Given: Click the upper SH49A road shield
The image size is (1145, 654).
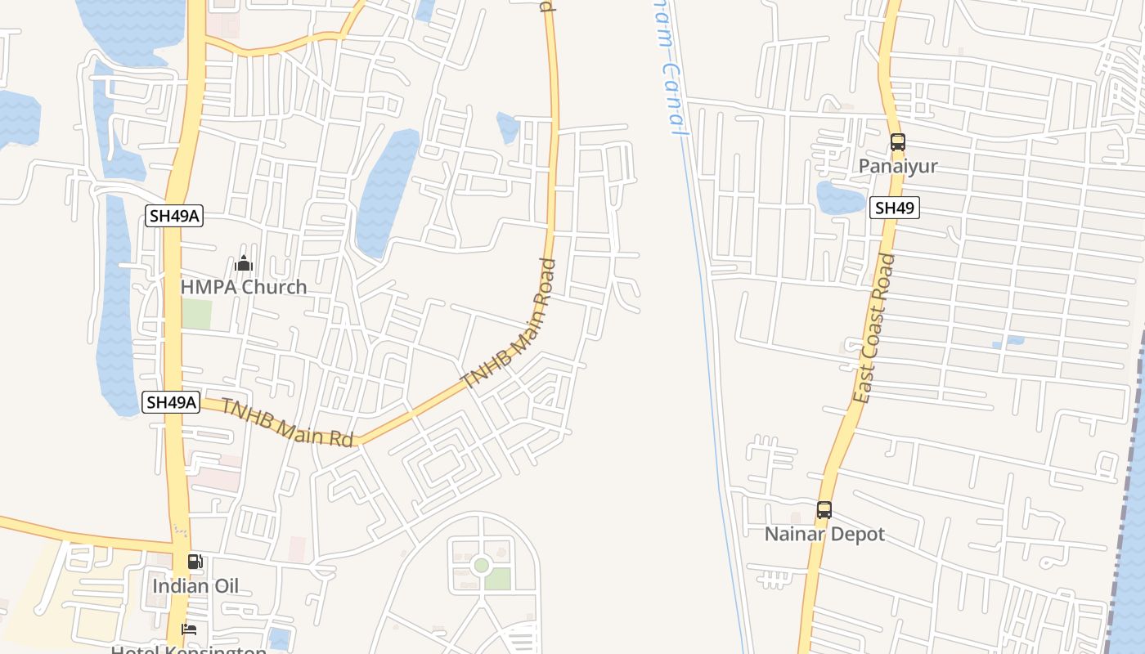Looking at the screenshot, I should (173, 216).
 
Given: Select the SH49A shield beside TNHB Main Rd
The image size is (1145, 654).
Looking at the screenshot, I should (171, 402).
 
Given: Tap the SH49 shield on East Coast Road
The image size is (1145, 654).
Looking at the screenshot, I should (894, 208).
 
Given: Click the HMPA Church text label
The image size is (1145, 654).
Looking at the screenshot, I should (244, 287).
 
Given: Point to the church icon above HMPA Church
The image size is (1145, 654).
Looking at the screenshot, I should (244, 264).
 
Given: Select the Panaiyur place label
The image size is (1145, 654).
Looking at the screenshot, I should (898, 166).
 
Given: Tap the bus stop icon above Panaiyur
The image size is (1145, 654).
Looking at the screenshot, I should (898, 142).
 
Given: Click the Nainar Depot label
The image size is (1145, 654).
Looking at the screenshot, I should (824, 534).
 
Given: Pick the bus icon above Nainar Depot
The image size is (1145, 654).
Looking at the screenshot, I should (824, 510).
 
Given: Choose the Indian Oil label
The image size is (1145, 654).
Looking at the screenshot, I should (195, 586).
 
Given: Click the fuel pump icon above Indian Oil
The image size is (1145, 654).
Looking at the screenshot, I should (195, 562).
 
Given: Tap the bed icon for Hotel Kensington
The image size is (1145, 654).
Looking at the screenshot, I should (189, 629).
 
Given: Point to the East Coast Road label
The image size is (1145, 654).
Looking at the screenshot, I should (873, 329).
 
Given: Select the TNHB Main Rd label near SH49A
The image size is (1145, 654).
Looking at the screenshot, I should (287, 422).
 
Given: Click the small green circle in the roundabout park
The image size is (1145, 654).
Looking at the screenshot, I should (482, 565).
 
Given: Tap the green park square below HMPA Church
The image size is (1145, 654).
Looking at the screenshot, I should (196, 314).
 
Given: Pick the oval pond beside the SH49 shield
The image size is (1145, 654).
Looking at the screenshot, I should (840, 198).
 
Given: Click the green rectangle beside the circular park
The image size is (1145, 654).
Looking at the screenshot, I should (497, 579).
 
